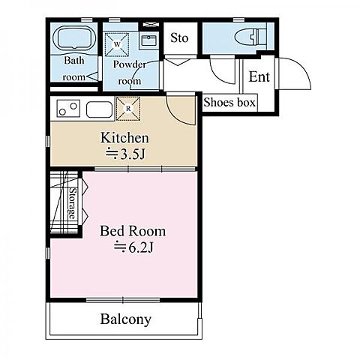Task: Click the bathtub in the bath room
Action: click(74, 37)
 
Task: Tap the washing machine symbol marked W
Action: click(117, 44)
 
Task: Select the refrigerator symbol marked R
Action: click(128, 109)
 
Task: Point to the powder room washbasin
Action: click(149, 40)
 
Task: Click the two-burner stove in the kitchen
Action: click(68, 109)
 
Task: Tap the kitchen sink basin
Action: click(99, 109)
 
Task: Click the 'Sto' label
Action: click(179, 38)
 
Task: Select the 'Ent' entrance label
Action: click(259, 76)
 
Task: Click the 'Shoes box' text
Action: click(229, 102)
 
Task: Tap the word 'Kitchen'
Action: click(124, 138)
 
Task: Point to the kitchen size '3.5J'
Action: click(133, 154)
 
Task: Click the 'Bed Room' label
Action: click(133, 231)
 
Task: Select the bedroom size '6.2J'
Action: click(141, 247)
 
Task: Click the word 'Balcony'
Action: click(126, 319)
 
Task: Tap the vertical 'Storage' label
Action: click(72, 203)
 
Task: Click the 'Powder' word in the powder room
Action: click(130, 64)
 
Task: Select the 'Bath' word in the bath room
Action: click(74, 60)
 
